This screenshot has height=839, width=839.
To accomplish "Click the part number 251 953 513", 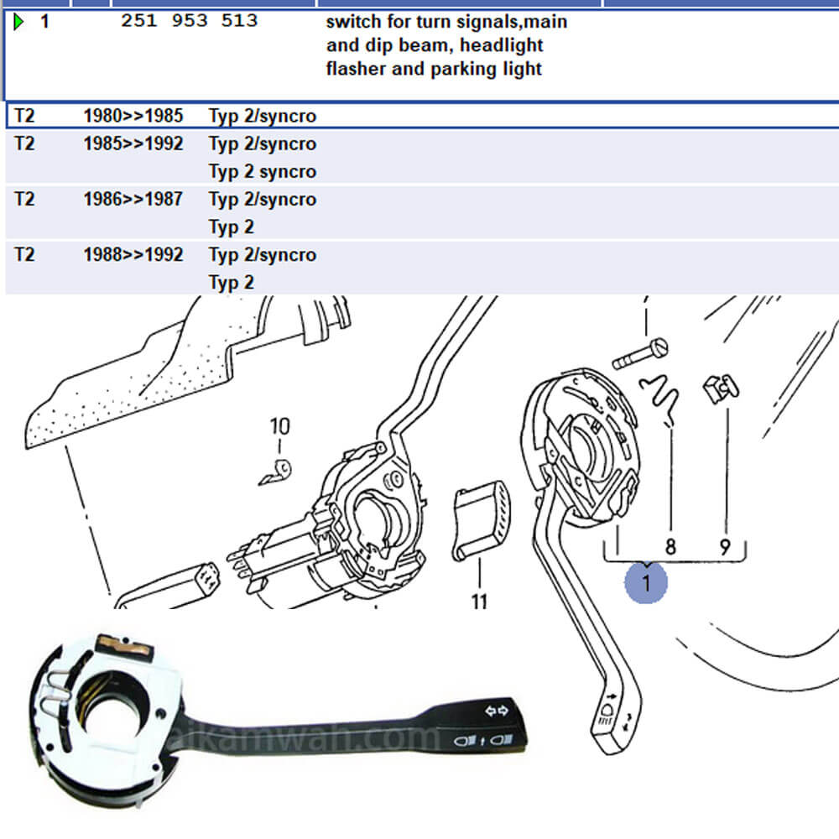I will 189,21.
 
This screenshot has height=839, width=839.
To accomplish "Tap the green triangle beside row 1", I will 18,22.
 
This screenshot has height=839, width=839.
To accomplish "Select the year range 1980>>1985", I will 133,116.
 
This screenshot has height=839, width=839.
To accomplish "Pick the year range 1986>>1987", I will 133,200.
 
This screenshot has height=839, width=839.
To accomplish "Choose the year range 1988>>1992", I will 133,255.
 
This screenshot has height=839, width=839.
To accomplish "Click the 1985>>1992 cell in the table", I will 133,143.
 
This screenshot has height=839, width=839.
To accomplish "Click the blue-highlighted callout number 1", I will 646,581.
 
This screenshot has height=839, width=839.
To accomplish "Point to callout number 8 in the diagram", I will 670,547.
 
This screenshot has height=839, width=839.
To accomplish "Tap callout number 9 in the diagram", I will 725,547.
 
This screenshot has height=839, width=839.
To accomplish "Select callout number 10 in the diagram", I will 279,427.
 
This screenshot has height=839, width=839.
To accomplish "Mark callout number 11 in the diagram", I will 479,601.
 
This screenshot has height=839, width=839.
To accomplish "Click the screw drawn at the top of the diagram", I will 639,353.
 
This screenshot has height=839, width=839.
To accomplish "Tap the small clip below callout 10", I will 274,472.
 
